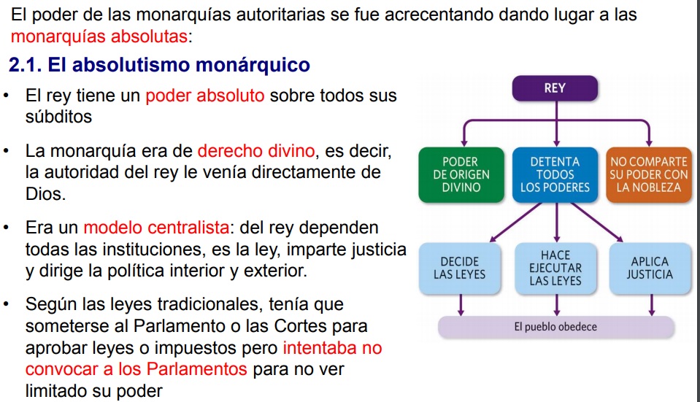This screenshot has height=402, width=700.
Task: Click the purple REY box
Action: (555, 89)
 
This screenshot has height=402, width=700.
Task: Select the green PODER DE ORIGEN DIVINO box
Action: (461, 175)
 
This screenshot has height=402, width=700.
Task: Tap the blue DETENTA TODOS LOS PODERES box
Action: (555, 175)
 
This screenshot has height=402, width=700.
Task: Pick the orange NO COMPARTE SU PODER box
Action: (648, 175)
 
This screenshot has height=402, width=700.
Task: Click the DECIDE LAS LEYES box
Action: (459, 268)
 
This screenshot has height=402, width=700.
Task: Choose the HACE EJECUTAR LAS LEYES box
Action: (555, 268)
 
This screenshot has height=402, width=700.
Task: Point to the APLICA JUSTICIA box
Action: (649, 268)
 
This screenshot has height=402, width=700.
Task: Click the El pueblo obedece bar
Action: (555, 327)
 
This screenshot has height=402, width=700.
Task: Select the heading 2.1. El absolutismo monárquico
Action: (159, 66)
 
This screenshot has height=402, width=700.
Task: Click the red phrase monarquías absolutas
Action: (99, 36)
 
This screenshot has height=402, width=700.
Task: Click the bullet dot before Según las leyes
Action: (7, 303)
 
